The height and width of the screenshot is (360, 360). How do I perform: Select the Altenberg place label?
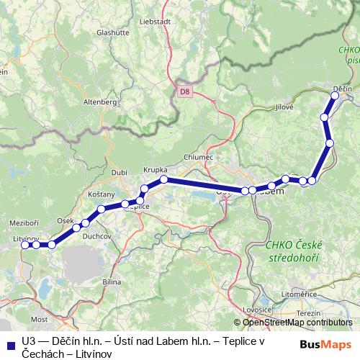tap(100, 103)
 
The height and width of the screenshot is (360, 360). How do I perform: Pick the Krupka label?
tap(155, 169)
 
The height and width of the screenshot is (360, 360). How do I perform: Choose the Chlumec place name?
tap(198, 157)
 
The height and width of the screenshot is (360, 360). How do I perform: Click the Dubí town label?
tap(120, 171)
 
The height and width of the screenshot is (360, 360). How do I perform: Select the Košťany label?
tap(101, 194)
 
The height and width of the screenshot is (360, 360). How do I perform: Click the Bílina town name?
tap(112, 282)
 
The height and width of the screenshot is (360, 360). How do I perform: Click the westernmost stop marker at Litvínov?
tap(26, 245)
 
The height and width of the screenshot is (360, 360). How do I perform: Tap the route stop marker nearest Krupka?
tap(164, 179)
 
